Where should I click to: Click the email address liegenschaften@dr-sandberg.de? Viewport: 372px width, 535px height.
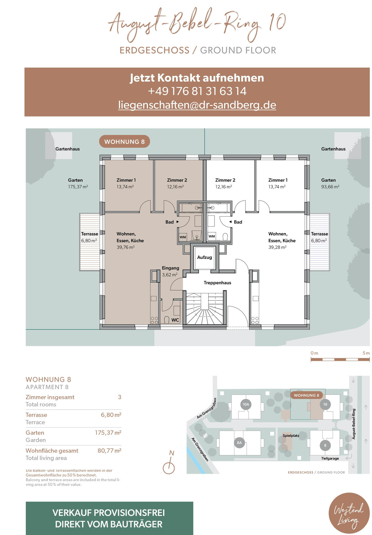click(197, 105)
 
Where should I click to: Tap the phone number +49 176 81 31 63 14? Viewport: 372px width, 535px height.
click(197, 91)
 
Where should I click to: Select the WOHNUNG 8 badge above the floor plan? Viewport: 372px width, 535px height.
click(124, 142)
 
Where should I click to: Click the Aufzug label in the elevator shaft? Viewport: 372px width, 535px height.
click(205, 257)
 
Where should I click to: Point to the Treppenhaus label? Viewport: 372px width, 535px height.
click(217, 283)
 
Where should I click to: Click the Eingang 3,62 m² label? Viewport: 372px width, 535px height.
click(170, 271)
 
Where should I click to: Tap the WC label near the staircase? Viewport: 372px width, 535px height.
click(175, 320)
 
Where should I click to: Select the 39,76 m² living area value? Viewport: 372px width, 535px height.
click(126, 247)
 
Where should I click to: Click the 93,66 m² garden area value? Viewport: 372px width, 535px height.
click(330, 187)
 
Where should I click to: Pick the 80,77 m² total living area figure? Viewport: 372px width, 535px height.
click(109, 450)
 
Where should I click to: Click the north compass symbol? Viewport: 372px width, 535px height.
click(169, 465)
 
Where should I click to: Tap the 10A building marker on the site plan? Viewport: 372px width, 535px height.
click(246, 404)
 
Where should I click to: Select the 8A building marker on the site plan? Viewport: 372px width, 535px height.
click(239, 443)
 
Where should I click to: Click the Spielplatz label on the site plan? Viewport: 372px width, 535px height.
click(291, 436)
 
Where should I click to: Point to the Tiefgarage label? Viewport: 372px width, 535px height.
click(330, 458)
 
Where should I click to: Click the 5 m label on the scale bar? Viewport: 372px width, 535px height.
click(366, 353)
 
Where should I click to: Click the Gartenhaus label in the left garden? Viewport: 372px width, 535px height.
click(68, 149)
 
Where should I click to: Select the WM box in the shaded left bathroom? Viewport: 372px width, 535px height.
click(183, 237)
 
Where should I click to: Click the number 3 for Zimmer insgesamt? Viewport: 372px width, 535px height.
click(119, 397)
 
